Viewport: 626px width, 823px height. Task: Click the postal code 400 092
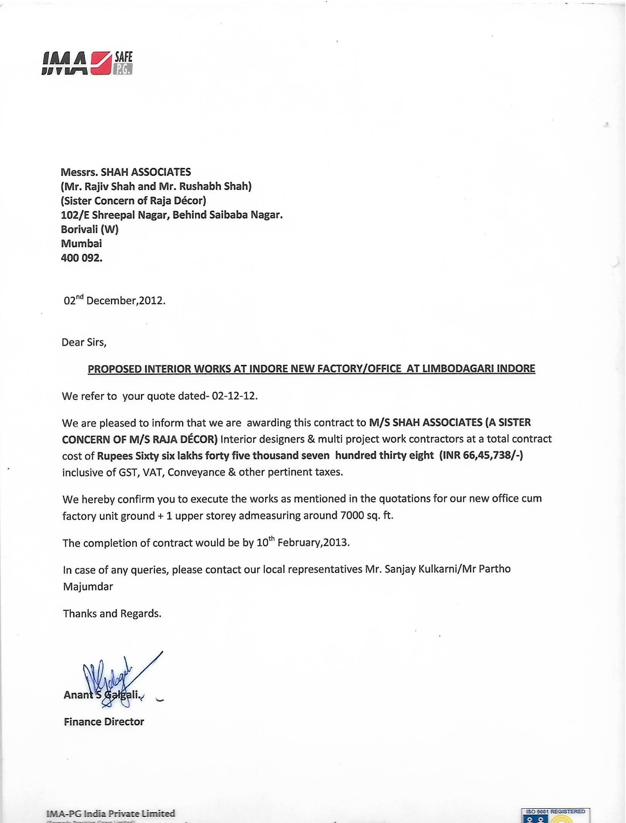coord(81,258)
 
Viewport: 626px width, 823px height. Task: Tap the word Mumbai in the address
coord(81,244)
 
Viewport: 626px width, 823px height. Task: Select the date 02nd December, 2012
coord(114,301)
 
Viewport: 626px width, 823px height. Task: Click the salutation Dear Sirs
coord(84,342)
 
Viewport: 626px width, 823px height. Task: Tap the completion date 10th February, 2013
coord(303,543)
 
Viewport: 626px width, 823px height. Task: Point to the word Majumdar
coord(88,587)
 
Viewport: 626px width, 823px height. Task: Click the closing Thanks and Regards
coord(112,614)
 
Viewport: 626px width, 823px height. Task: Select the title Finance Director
coord(104,721)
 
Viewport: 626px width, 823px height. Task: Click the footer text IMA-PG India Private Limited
coord(111,814)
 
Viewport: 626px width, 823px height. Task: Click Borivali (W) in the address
coord(90,230)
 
